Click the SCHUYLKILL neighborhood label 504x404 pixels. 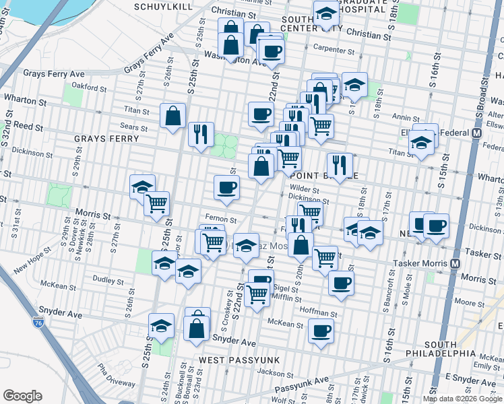point(163,7)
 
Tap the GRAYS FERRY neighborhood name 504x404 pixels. point(106,139)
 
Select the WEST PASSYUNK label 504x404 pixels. point(230,361)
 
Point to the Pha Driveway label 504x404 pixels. point(115,375)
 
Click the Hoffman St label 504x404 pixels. point(319,314)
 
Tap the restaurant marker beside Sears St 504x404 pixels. point(200,134)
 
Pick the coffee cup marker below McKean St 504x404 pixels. point(321,331)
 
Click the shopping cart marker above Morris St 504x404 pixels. point(156,202)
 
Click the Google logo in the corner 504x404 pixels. point(22,396)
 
